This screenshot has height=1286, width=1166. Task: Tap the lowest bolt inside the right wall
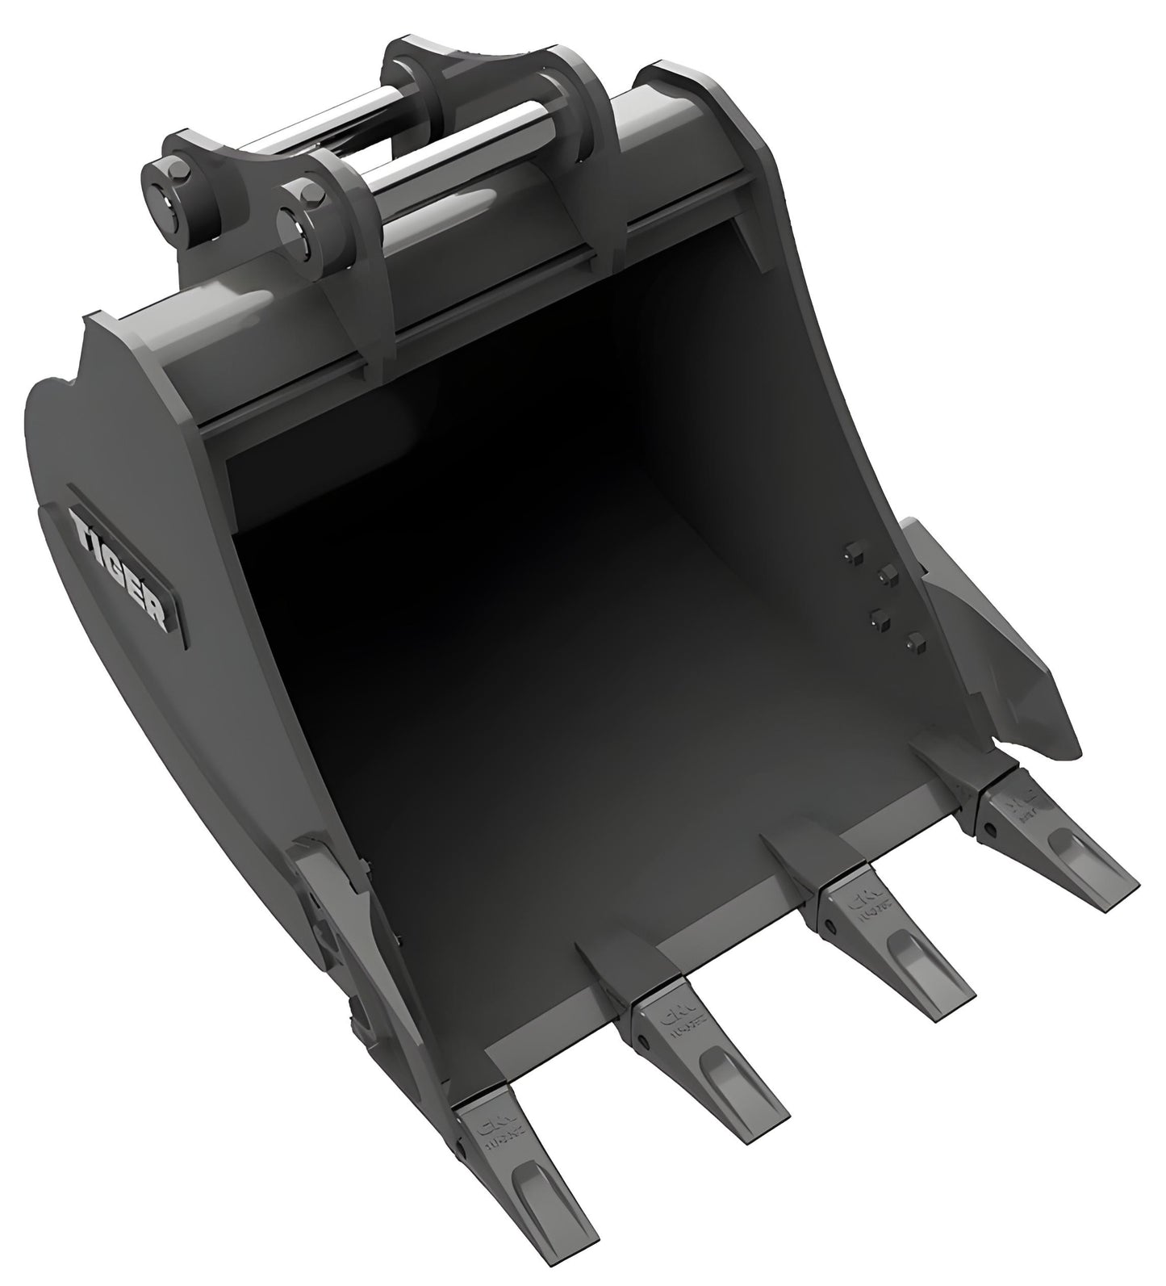coord(914,642)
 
